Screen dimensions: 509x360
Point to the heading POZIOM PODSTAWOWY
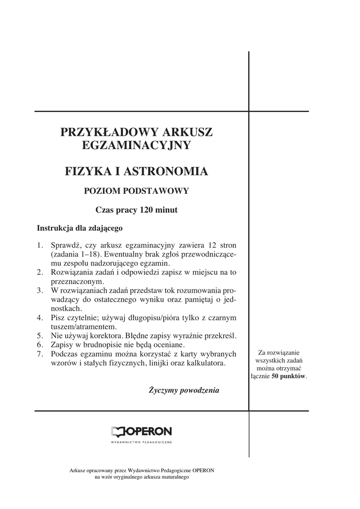coord(136,190)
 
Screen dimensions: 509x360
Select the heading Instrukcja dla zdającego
coord(80,229)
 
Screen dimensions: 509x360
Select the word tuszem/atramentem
coord(85,327)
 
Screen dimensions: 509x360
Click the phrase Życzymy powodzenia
coord(184,390)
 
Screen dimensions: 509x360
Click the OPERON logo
coord(141,431)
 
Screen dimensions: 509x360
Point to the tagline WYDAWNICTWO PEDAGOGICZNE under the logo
coord(141,442)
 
